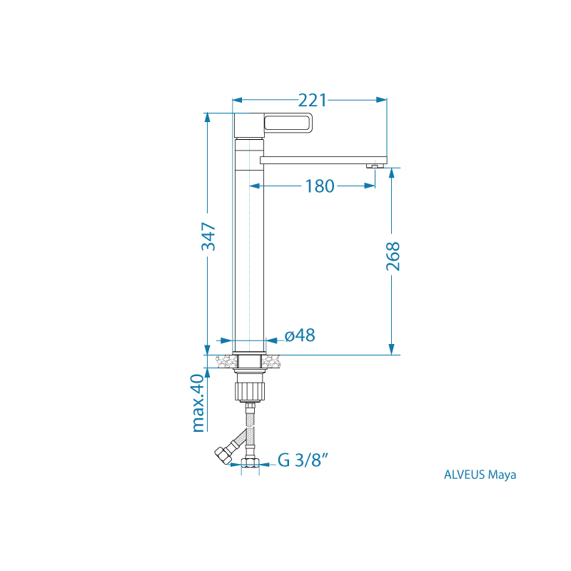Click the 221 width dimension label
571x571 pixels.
point(313,100)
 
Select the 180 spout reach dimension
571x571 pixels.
point(319,186)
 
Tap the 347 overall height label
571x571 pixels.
point(208,236)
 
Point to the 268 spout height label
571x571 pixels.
point(393,256)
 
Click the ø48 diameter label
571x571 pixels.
point(300,335)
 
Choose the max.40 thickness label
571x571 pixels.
point(198,403)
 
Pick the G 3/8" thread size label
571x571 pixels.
point(303,460)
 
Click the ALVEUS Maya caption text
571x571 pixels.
point(480,475)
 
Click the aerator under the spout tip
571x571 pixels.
point(375,166)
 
